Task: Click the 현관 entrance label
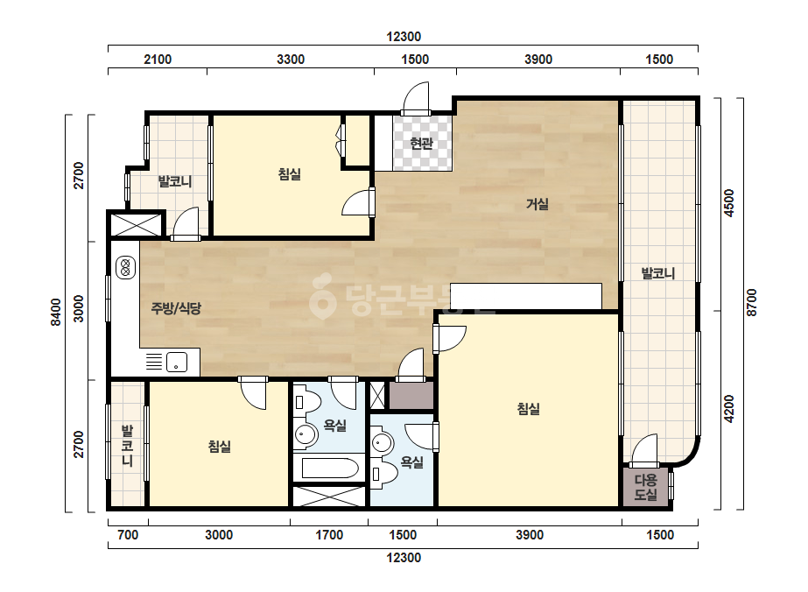pos(422,143)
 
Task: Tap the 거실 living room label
pos(537,204)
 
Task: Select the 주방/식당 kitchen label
pos(176,308)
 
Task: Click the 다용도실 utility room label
pos(646,487)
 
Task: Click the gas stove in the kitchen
pos(125,268)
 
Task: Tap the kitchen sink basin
pos(177,362)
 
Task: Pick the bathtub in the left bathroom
pos(330,469)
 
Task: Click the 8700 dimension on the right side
pos(752,303)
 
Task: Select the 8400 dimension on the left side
pos(56,312)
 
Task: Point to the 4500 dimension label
pos(728,203)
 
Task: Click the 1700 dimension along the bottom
pos(329,535)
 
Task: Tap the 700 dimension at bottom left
pos(128,535)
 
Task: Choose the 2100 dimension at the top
pos(158,60)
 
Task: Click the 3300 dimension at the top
pos(291,60)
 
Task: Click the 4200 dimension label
pos(728,409)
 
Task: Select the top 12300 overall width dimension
pos(404,37)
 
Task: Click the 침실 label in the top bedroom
pos(289,174)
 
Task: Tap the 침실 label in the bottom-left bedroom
pos(219,446)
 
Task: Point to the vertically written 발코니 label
pos(127,446)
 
